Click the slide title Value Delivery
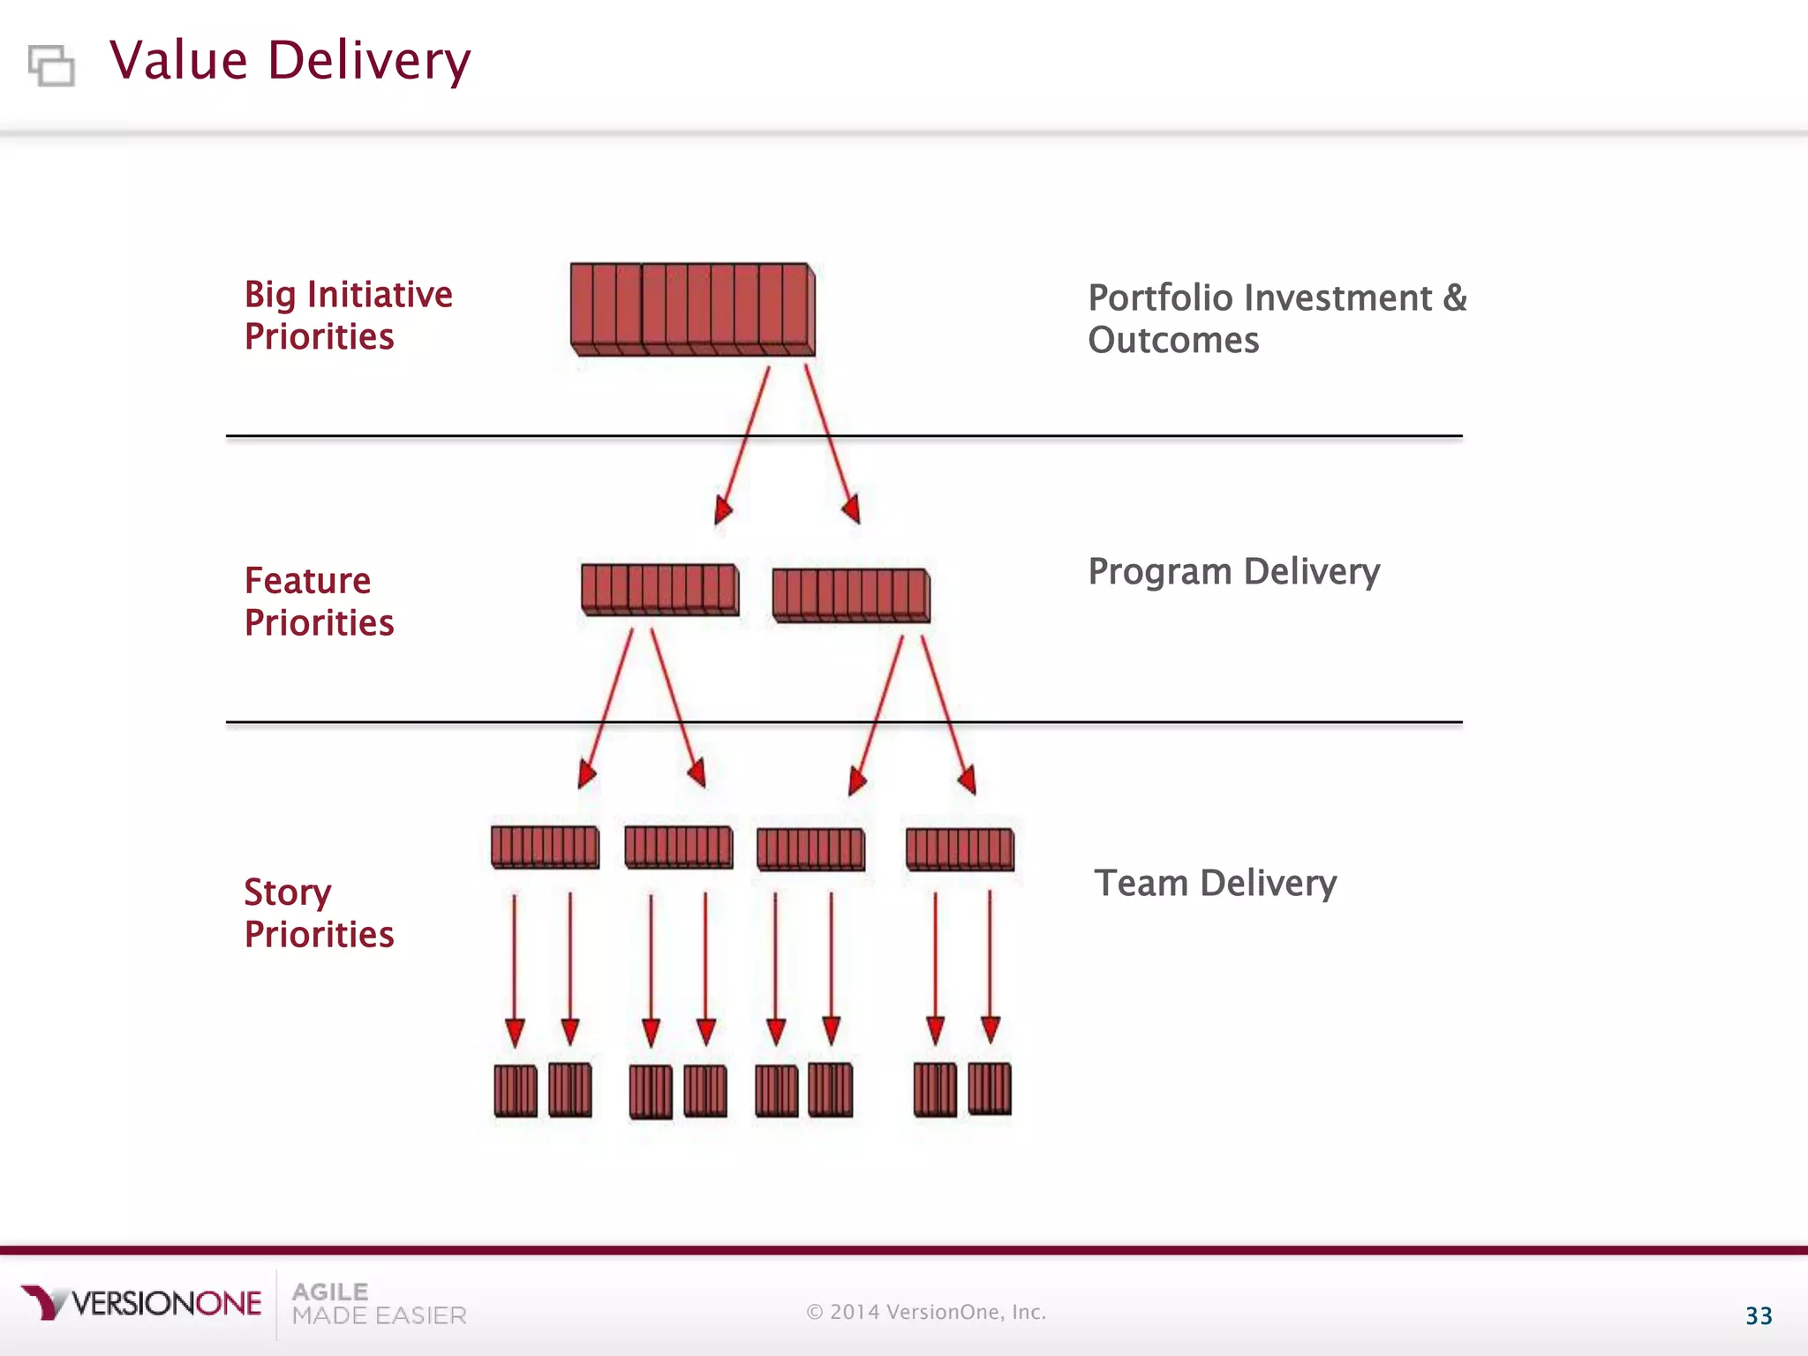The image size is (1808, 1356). (x=290, y=61)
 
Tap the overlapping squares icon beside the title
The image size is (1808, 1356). (x=51, y=65)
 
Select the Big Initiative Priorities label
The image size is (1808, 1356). (x=348, y=315)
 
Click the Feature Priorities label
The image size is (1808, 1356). (x=319, y=601)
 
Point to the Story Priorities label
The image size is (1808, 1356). (x=319, y=913)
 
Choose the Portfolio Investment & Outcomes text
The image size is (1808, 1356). (x=1277, y=319)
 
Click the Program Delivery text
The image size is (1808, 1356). (x=1233, y=572)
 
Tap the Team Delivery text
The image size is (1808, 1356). (x=1215, y=883)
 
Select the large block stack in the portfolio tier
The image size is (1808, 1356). (x=692, y=309)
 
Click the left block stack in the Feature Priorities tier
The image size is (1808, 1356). (x=659, y=590)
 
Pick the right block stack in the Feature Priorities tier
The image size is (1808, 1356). (x=851, y=595)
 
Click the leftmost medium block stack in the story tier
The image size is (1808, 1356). (x=545, y=847)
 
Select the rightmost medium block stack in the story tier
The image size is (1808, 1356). (x=960, y=849)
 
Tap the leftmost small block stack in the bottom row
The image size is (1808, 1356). (x=516, y=1091)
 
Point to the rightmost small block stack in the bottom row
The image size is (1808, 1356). (x=990, y=1089)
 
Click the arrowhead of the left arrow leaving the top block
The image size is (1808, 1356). (x=723, y=511)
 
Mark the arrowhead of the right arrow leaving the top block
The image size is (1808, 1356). (x=852, y=510)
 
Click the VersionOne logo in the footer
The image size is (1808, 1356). (x=141, y=1303)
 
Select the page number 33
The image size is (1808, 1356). (x=1759, y=1316)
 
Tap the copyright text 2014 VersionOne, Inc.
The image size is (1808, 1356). (x=926, y=1313)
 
